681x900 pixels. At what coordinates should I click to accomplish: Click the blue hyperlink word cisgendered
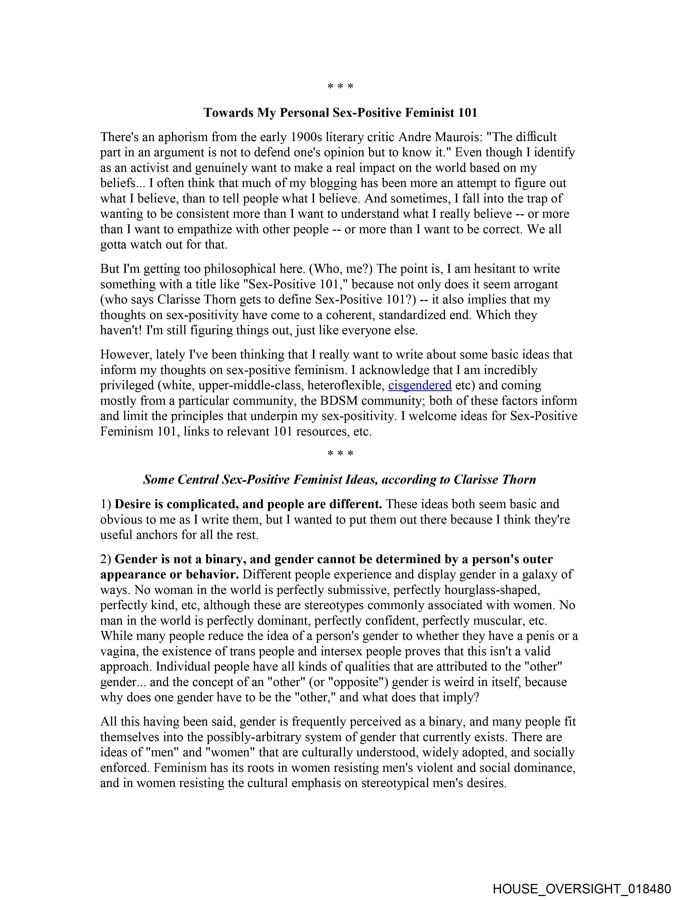click(420, 385)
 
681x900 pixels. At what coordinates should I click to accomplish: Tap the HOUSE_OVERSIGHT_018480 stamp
click(582, 888)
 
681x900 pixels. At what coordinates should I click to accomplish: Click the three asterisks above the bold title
click(340, 86)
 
